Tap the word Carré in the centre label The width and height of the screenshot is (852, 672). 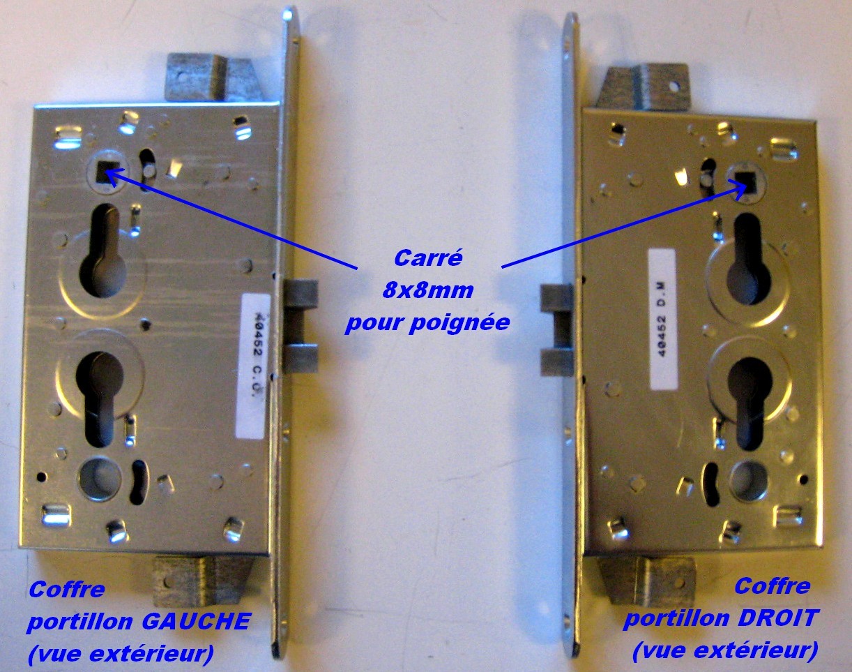click(428, 258)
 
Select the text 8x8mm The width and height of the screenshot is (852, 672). click(428, 290)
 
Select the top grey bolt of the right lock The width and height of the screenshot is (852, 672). click(644, 87)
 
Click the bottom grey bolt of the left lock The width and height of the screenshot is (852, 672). click(203, 581)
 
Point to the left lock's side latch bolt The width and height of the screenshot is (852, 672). click(302, 326)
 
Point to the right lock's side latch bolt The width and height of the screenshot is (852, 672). click(556, 330)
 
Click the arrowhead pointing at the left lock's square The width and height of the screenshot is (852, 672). click(112, 176)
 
